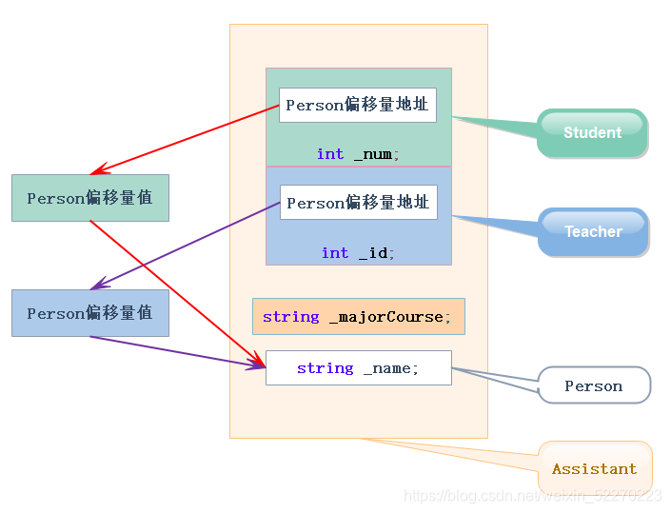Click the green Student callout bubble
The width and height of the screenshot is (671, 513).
(x=592, y=132)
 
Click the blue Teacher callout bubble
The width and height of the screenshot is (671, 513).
(x=593, y=231)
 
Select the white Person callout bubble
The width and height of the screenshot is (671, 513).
(x=593, y=385)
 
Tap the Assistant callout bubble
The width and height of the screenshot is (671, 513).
(x=594, y=468)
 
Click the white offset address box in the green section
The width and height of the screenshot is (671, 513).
(x=357, y=105)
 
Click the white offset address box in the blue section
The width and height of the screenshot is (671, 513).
(x=358, y=203)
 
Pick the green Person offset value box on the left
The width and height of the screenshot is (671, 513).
(x=89, y=198)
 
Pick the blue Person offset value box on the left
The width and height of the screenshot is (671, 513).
(x=89, y=313)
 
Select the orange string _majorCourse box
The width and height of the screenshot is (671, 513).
(x=358, y=316)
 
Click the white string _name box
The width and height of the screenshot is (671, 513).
(x=358, y=367)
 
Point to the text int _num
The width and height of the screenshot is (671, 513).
(x=358, y=153)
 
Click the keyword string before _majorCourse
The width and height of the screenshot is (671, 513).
(x=291, y=316)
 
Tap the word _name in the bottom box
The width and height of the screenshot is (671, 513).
(x=390, y=367)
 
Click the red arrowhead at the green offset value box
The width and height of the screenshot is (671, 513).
(x=95, y=172)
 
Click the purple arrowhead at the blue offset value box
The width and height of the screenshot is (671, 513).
(x=95, y=286)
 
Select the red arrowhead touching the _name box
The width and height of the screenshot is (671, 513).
(x=261, y=365)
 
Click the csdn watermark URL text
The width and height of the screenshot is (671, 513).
(x=532, y=495)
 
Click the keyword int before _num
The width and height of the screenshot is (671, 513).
(x=330, y=153)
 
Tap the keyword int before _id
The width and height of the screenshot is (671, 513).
(x=335, y=252)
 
